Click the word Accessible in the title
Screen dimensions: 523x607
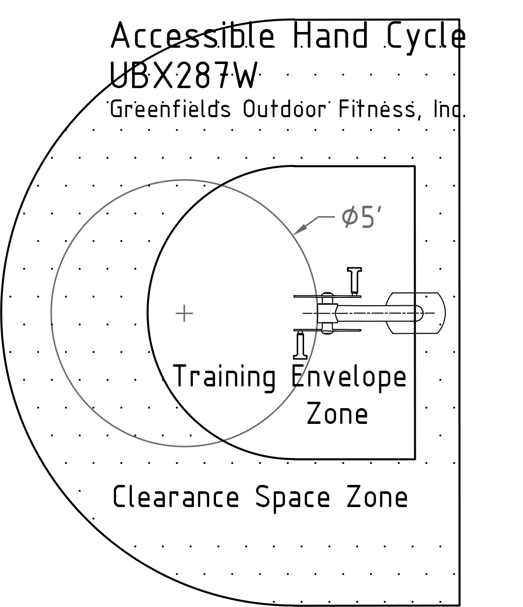pyautogui.click(x=192, y=35)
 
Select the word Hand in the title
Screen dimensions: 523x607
pyautogui.click(x=330, y=35)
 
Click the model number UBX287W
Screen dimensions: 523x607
pyautogui.click(x=184, y=75)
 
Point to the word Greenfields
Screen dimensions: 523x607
pyautogui.click(x=170, y=109)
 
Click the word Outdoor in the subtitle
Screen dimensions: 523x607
pyautogui.click(x=284, y=109)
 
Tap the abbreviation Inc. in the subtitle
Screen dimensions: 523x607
pyautogui.click(x=450, y=109)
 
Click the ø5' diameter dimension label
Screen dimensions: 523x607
pyautogui.click(x=362, y=217)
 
